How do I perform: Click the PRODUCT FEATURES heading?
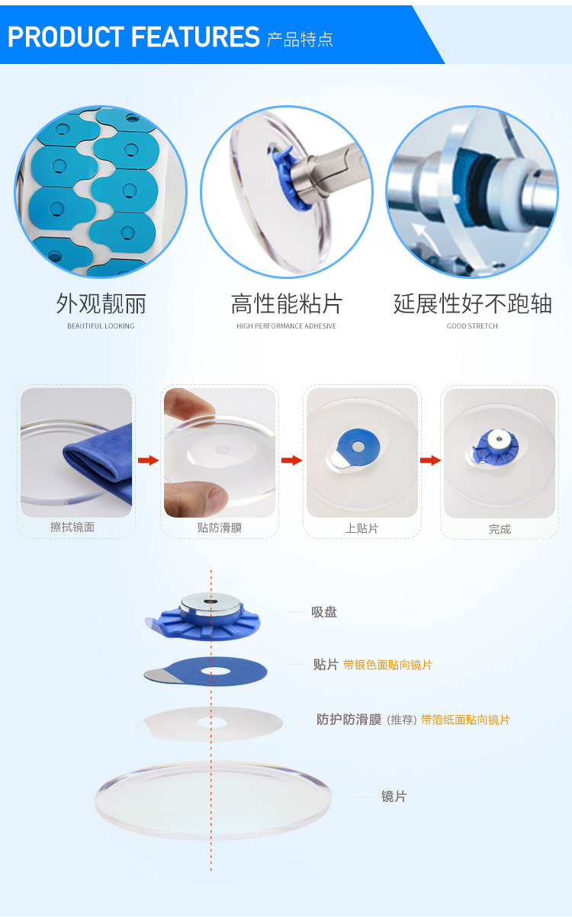point(133,37)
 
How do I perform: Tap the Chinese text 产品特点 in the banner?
point(300,40)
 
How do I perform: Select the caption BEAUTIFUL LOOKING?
point(101,325)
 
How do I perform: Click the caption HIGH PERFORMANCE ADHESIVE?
point(286,325)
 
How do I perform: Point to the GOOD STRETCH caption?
point(472,325)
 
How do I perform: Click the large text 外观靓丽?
point(101,303)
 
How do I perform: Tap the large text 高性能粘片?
point(287,303)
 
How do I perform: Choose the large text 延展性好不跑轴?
point(473,303)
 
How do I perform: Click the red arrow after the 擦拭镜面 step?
point(148,460)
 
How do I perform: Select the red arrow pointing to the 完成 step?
point(431,460)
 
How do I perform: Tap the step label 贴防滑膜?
point(220,527)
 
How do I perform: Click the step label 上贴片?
point(362,528)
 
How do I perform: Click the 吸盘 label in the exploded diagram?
point(324,612)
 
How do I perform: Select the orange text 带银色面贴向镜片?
point(387,665)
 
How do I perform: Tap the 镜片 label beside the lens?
point(394,797)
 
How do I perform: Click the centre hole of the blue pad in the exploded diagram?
point(215,671)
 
